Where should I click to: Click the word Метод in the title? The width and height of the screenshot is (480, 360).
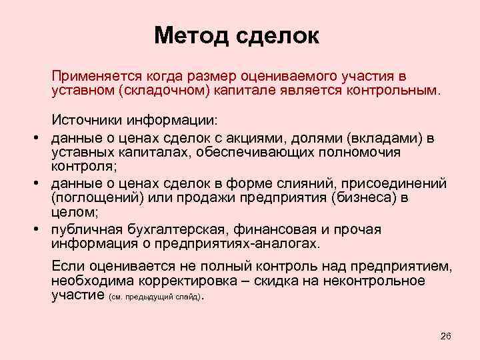click(x=191, y=35)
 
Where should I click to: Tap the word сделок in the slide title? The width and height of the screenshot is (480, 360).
click(x=277, y=35)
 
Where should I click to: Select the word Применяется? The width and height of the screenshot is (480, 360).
click(x=96, y=75)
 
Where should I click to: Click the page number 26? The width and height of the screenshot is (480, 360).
click(x=446, y=335)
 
